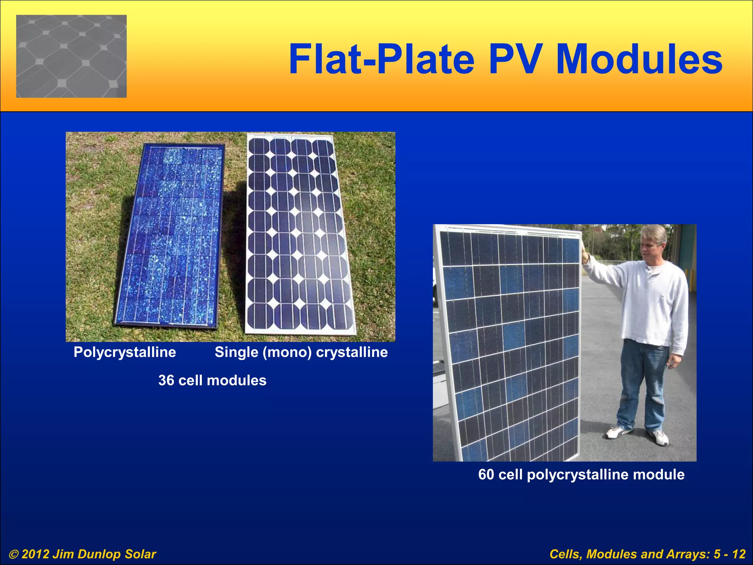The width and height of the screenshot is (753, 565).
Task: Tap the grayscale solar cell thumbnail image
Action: (71, 56)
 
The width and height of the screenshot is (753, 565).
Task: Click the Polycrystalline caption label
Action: (125, 352)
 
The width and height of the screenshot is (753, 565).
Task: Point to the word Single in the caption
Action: (236, 352)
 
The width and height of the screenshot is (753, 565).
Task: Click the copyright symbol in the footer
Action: (14, 554)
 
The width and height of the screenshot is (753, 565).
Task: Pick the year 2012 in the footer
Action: (35, 554)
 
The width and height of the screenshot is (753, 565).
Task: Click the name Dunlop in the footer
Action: (99, 554)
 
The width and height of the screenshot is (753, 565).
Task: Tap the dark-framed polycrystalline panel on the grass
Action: (169, 235)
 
